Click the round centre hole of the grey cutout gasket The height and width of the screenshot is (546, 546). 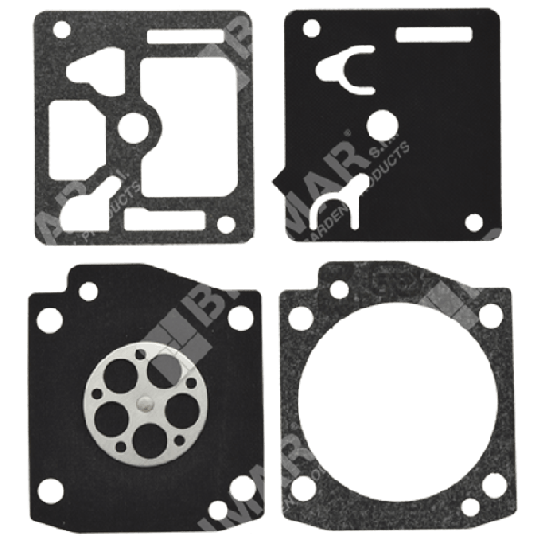point(133,129)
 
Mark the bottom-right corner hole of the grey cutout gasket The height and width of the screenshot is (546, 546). point(224,222)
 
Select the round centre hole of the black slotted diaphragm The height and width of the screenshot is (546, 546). point(383,123)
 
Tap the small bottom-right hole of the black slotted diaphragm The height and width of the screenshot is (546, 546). point(473,221)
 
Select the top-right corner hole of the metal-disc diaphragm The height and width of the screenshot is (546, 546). point(240,317)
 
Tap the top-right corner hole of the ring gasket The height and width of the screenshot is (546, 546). point(490,315)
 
